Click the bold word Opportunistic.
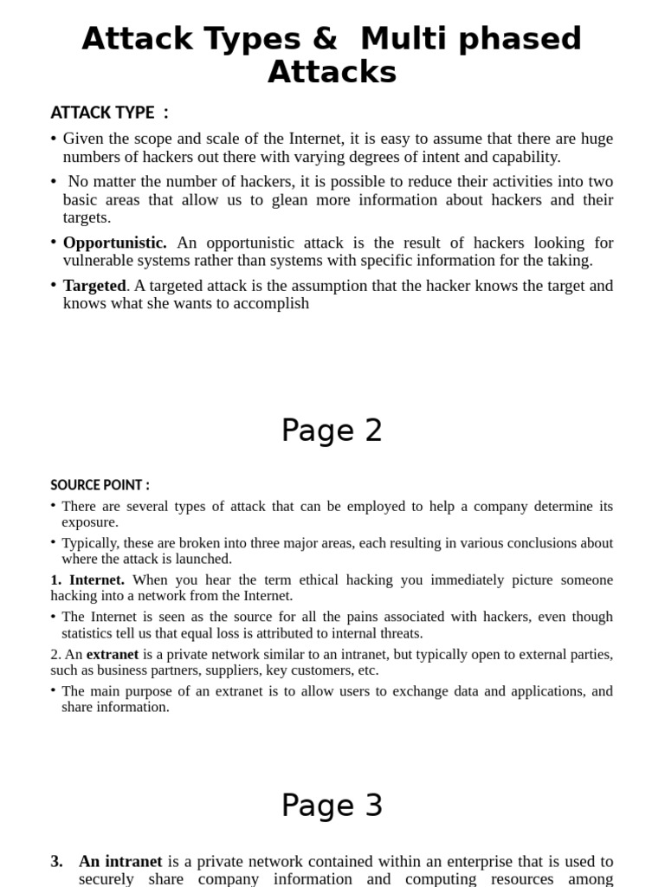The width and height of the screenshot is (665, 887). pos(114,243)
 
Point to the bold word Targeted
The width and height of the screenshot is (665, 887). pos(94,286)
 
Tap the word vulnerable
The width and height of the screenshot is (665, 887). pos(100,261)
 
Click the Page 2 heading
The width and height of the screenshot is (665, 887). pos(332,431)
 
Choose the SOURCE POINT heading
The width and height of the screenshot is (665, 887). pos(100,485)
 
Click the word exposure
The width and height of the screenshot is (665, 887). pos(90,522)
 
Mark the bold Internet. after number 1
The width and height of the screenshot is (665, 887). pos(97,579)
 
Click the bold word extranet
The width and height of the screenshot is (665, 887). pos(113,654)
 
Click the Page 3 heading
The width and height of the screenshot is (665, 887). pos(332,806)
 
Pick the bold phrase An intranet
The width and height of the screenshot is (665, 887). pos(120,861)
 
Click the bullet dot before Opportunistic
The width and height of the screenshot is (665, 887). pos(54,243)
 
